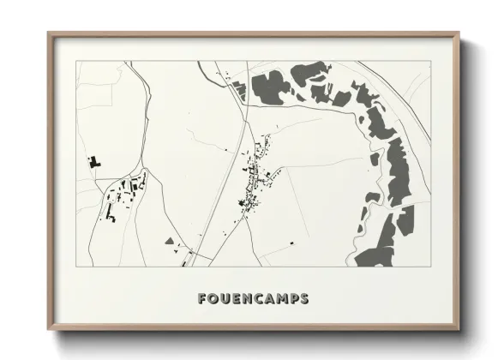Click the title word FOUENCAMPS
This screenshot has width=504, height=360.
[x=253, y=299]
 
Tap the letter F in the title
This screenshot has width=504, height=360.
[x=202, y=299]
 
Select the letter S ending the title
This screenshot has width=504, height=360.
[x=304, y=299]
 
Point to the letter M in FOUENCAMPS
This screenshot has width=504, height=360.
[x=281, y=299]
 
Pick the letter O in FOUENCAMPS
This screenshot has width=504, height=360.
[x=213, y=299]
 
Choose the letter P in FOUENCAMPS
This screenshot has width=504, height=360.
[x=293, y=299]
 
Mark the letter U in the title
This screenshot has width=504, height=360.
[x=225, y=299]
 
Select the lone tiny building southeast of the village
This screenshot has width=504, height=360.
[x=291, y=243]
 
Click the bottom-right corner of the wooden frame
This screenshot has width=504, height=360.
[x=459, y=331]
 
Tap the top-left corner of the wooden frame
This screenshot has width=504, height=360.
[x=49, y=33]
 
